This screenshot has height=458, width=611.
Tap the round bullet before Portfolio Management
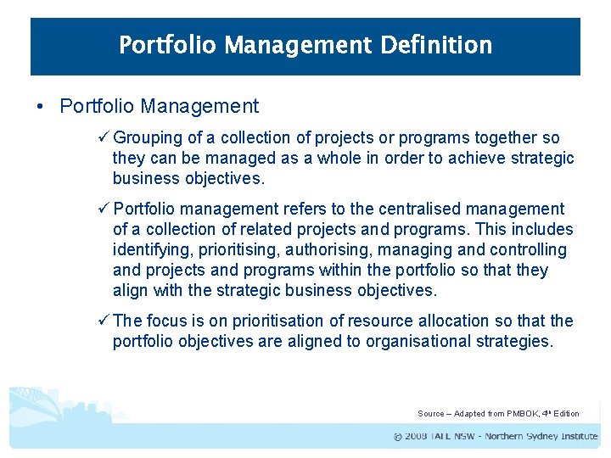(x=40, y=107)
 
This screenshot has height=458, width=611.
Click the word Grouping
(x=146, y=138)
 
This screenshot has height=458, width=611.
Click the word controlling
(x=527, y=250)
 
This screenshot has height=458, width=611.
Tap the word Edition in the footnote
(x=566, y=414)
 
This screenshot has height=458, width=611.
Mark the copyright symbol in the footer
(x=398, y=437)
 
